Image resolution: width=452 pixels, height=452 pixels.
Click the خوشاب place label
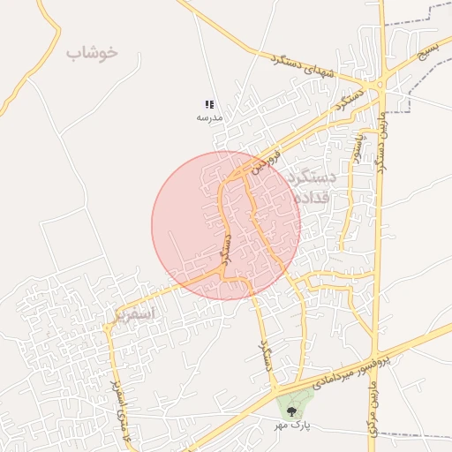click(x=91, y=53)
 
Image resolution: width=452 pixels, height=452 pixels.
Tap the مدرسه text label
click(x=209, y=117)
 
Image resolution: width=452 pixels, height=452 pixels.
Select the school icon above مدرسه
click(x=209, y=104)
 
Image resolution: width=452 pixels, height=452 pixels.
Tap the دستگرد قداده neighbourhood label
click(x=313, y=187)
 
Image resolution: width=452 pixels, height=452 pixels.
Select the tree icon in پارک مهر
click(x=290, y=408)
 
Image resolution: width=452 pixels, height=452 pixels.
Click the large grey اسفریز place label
click(x=134, y=313)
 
